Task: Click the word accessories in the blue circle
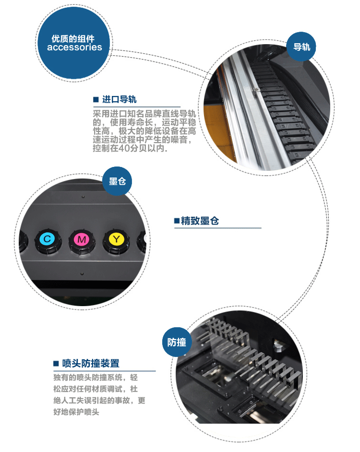(x=74, y=48)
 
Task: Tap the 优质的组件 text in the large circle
(x=73, y=39)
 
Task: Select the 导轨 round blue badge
(x=301, y=47)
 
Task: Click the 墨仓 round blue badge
(x=117, y=181)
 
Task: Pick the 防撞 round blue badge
(x=177, y=342)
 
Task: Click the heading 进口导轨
(x=119, y=99)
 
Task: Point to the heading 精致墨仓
(x=200, y=221)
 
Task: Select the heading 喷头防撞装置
(x=91, y=363)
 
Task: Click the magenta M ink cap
(x=82, y=241)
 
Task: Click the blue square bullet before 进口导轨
(x=96, y=100)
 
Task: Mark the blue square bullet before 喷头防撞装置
(x=56, y=364)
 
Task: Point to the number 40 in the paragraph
(x=123, y=148)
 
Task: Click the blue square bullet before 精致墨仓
(x=177, y=221)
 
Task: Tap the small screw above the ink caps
(x=83, y=197)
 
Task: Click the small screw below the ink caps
(x=82, y=274)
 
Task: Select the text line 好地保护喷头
(x=76, y=412)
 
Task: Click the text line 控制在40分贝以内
(x=130, y=148)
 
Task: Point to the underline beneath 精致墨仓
(x=218, y=228)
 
